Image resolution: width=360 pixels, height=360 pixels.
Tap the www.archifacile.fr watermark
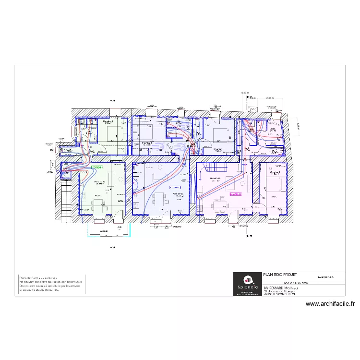coord(330,304)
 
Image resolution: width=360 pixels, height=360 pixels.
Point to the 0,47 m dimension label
coord(245,92)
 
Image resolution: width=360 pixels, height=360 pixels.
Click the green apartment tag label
coord(96,167)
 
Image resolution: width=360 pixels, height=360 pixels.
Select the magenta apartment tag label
coord(236,194)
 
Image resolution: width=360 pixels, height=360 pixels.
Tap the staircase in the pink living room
coord(215,168)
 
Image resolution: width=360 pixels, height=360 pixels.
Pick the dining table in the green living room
coord(99,204)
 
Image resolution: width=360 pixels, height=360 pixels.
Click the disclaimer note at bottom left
coord(50,285)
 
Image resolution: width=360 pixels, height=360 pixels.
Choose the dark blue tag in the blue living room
coord(175,187)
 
